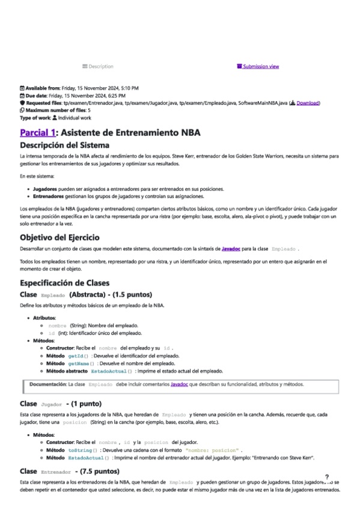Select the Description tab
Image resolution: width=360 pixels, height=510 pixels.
coord(100,66)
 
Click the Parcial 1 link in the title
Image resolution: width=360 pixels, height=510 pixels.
coord(38,133)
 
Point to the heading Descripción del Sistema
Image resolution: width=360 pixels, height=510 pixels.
coord(65,146)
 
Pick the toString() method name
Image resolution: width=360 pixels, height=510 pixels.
coord(82,450)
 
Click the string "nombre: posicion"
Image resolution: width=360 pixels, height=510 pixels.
coord(213,450)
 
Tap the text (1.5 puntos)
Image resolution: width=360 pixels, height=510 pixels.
coord(123,295)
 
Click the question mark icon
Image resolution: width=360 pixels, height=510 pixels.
coord(327,476)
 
